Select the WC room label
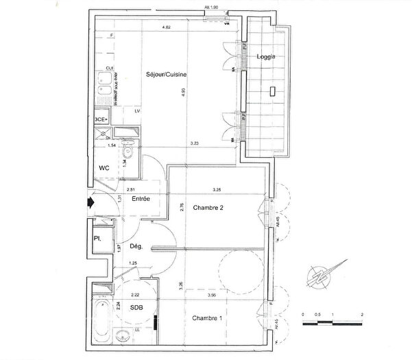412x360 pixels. tap(106, 167)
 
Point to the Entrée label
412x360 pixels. tap(142, 199)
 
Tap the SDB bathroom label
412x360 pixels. tap(137, 309)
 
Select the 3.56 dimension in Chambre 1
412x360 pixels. tap(213, 295)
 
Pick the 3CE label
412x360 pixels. tap(100, 119)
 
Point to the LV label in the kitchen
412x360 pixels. tap(137, 111)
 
